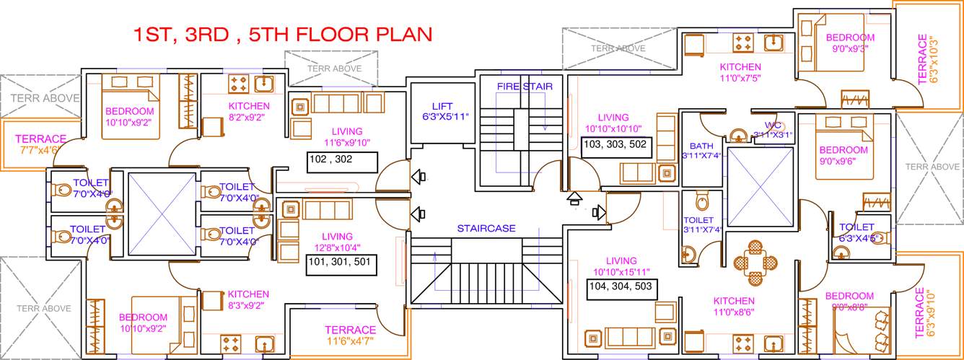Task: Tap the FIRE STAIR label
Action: pos(525,87)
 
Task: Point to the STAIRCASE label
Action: pos(486,229)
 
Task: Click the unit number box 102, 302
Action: pos(341,161)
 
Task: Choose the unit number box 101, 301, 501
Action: pos(341,262)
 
